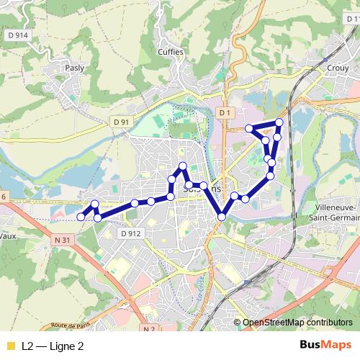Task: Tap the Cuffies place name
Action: (171, 53)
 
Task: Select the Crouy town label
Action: (338, 67)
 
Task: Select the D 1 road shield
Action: (225, 113)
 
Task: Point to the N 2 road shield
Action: (149, 329)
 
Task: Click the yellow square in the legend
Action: (10, 346)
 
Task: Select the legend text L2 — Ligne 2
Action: (53, 346)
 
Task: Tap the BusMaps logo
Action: (326, 346)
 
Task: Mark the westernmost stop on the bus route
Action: (81, 216)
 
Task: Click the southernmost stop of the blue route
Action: (222, 216)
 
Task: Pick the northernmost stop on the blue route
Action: (279, 123)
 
